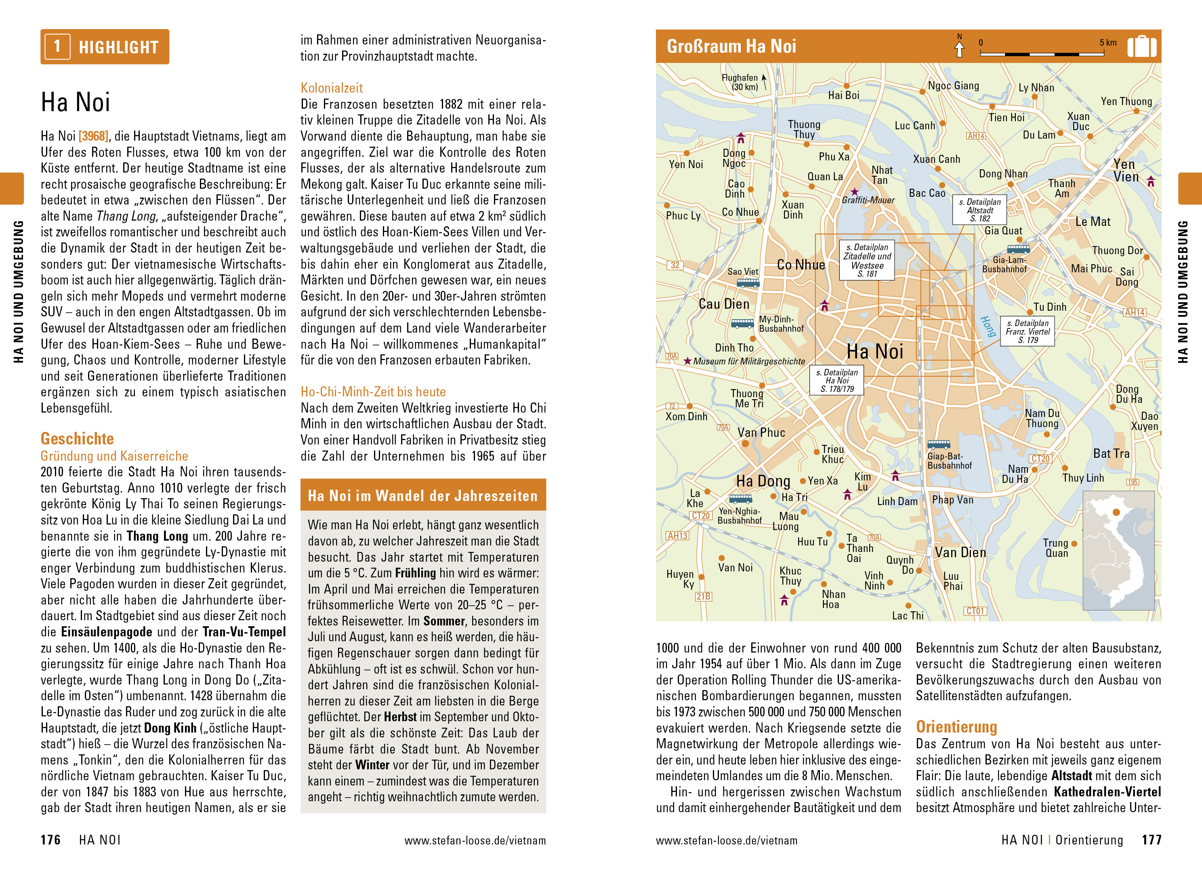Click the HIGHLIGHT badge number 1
(57, 47)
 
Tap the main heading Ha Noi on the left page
(76, 102)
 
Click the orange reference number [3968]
(93, 137)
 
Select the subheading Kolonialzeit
(332, 88)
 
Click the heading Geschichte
(77, 439)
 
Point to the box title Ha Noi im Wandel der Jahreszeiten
(423, 496)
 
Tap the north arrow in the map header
(959, 48)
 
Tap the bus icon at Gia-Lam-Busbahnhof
(1018, 249)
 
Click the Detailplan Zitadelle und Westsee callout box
(867, 261)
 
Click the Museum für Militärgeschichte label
(749, 361)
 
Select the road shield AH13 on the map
(677, 536)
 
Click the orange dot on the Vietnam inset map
(1116, 512)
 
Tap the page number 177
(1151, 840)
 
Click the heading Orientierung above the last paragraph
(956, 727)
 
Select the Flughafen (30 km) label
(740, 82)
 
